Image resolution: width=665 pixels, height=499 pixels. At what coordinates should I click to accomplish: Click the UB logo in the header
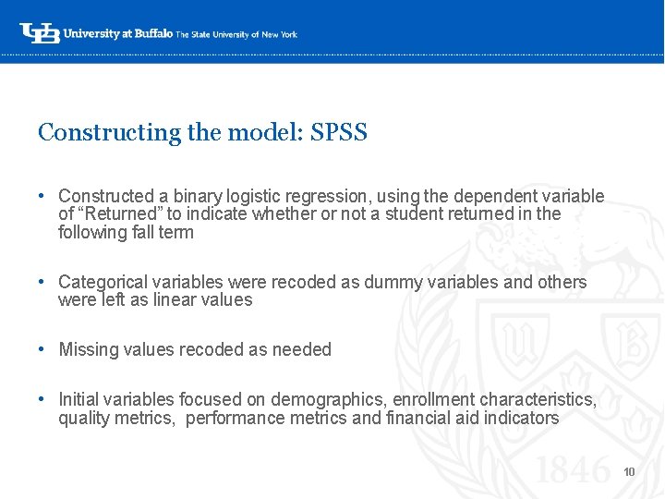pos(40,33)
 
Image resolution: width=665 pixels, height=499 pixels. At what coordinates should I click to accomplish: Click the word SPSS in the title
pos(339,132)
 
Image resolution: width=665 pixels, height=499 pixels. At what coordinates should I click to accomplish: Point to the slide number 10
pos(629,472)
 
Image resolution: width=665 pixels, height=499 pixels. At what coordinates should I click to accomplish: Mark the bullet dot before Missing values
pos(42,349)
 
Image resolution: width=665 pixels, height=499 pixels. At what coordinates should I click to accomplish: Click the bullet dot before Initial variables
pos(42,399)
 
